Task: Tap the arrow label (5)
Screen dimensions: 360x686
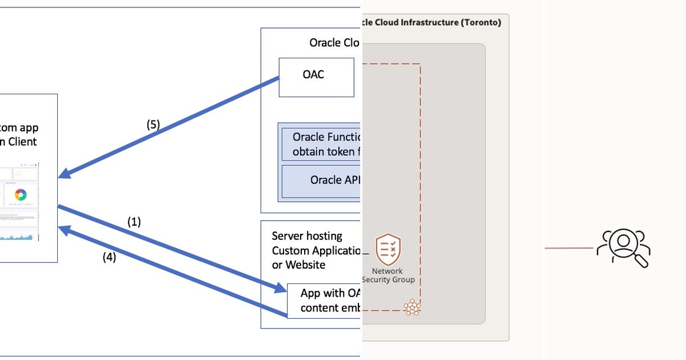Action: (x=153, y=125)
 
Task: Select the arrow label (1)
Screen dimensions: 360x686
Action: (x=134, y=222)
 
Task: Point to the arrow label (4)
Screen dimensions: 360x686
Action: (x=109, y=257)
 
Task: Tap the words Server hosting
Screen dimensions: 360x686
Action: (x=307, y=236)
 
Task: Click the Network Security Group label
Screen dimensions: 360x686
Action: (x=388, y=275)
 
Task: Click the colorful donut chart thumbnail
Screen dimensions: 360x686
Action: (x=21, y=194)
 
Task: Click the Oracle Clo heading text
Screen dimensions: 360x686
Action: (x=334, y=43)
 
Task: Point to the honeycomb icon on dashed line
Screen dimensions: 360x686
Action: (x=412, y=308)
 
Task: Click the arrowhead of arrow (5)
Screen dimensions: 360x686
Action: (x=62, y=174)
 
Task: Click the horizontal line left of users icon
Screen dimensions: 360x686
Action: (x=569, y=248)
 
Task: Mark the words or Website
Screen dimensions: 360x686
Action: (x=298, y=265)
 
